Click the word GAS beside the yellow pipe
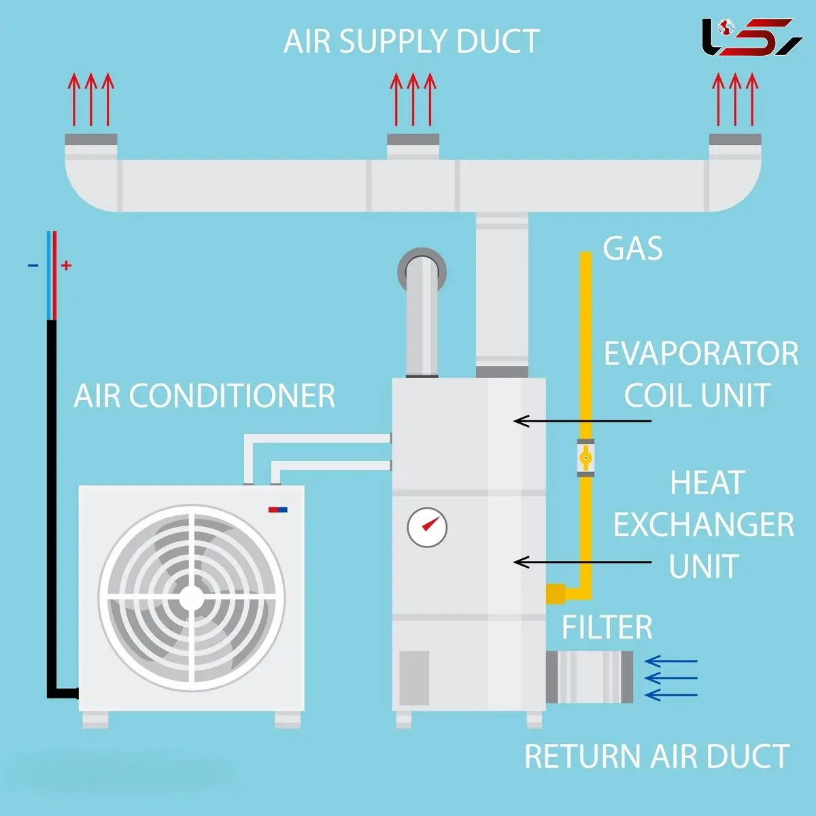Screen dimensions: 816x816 click(x=632, y=249)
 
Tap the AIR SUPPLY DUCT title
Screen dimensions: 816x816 click(x=411, y=41)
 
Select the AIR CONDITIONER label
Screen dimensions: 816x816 click(x=205, y=396)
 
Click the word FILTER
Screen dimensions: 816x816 click(x=607, y=628)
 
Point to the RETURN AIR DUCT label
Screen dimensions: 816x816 click(x=657, y=757)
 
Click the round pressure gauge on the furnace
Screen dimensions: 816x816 click(x=427, y=526)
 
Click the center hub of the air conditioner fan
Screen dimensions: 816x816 click(x=192, y=598)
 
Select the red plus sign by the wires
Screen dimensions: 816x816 click(x=66, y=265)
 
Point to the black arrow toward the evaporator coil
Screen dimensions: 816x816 click(x=581, y=421)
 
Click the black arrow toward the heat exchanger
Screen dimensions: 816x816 click(x=581, y=562)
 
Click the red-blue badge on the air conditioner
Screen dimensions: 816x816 click(x=277, y=509)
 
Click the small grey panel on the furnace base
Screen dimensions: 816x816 click(x=413, y=678)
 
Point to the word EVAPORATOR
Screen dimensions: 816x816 click(x=701, y=354)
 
